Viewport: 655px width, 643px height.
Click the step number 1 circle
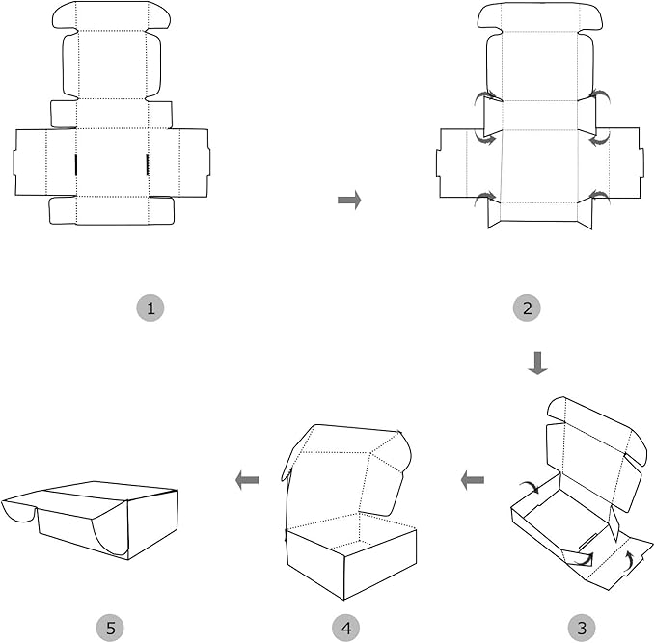click(x=150, y=308)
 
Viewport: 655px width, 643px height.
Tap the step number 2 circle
click(x=527, y=308)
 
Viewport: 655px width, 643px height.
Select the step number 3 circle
click(x=582, y=628)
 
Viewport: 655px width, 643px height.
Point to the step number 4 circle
click(x=346, y=628)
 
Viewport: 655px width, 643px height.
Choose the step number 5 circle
click(x=110, y=628)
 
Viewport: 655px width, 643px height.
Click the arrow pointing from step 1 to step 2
click(x=349, y=200)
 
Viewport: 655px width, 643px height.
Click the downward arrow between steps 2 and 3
click(x=537, y=362)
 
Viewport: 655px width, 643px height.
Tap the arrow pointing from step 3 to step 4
click(x=473, y=480)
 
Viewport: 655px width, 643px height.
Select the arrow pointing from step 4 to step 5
click(x=247, y=480)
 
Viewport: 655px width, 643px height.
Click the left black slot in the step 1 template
click(x=76, y=165)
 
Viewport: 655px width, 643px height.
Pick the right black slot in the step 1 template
click(x=148, y=165)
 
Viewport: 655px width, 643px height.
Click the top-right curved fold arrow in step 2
click(x=602, y=95)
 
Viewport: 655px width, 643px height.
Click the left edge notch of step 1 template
click(x=14, y=163)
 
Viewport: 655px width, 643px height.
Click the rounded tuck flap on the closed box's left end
click(x=18, y=511)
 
